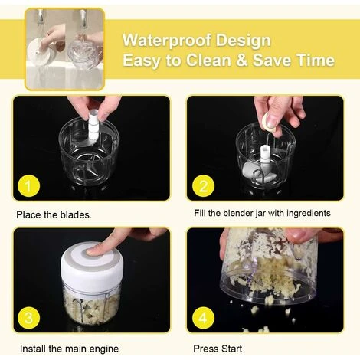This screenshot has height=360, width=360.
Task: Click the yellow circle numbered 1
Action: click(x=28, y=185)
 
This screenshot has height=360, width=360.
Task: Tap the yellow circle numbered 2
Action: click(x=203, y=185)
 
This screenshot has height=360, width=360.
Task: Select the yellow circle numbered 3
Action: click(x=28, y=318)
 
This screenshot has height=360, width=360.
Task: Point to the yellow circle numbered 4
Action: click(x=203, y=318)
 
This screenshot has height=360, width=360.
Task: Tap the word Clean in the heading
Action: click(x=208, y=61)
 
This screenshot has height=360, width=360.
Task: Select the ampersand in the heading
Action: click(x=242, y=61)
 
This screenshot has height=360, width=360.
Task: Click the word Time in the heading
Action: click(x=316, y=61)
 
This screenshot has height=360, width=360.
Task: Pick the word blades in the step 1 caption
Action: click(x=76, y=214)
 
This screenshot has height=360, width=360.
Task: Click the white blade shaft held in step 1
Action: click(x=93, y=126)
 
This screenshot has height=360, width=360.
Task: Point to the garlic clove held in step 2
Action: click(x=270, y=122)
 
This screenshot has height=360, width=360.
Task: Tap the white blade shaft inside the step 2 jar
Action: click(x=265, y=155)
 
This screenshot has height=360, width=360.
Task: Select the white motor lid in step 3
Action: click(x=92, y=264)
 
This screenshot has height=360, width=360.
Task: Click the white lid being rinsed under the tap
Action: click(x=39, y=54)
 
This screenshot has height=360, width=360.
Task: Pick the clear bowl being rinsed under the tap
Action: click(x=85, y=54)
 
